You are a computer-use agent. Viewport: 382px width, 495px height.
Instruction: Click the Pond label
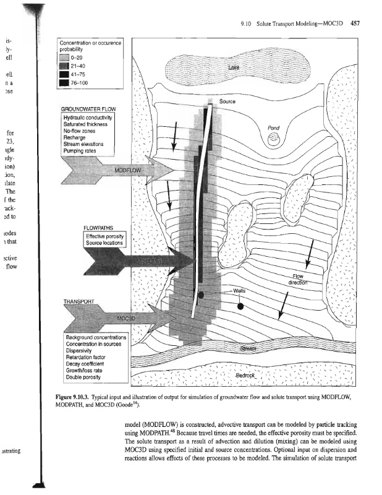273,127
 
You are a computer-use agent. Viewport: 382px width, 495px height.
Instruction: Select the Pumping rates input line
83,150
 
